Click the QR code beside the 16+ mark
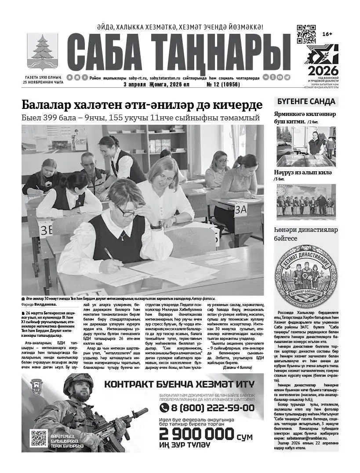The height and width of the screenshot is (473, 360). pos(306,35)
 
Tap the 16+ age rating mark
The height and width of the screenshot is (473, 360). pos(327,34)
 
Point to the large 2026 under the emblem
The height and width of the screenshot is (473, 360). pos(323,70)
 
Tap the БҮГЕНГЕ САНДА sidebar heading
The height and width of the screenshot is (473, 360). pos(306,101)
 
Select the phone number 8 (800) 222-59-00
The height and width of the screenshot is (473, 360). pos(207,408)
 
